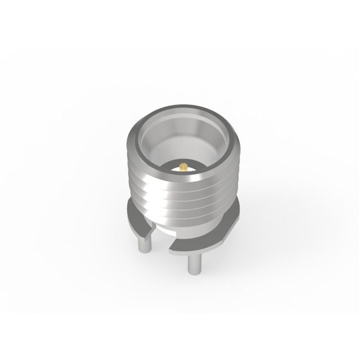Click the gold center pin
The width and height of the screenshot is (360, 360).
point(183,166)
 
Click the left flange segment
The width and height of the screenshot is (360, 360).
point(138,222)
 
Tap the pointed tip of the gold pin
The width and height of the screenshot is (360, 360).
point(183,164)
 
